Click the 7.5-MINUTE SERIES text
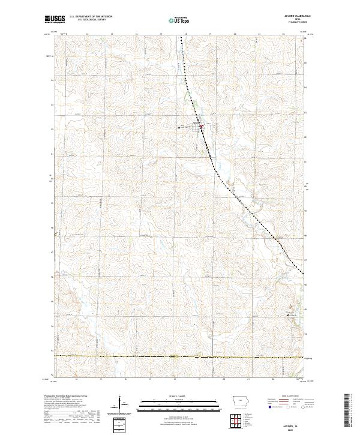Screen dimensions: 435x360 click(294, 23)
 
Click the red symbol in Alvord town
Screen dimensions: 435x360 click(201, 126)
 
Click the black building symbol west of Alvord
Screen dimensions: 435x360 click(181, 127)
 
